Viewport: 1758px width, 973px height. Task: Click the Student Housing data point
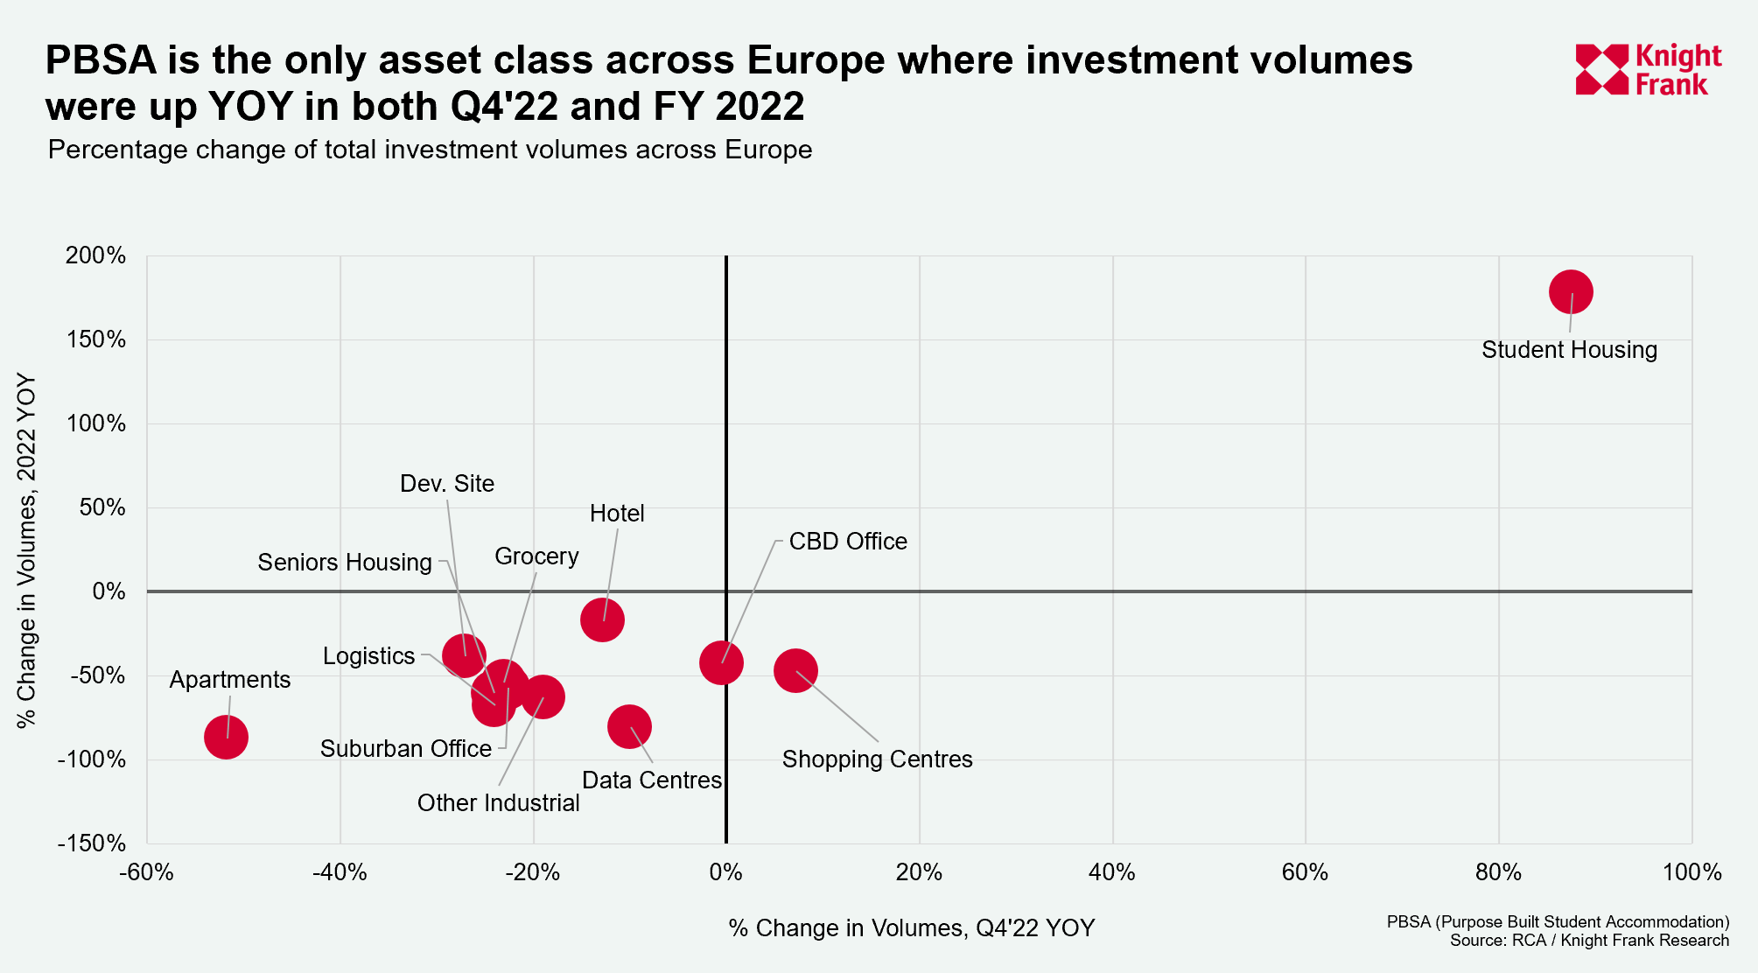pos(1570,292)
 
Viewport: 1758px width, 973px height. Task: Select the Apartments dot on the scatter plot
pos(226,738)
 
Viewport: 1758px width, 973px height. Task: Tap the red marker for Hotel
pos(602,620)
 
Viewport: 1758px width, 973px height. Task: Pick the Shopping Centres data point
pos(795,671)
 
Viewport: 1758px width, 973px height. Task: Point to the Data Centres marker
pos(629,726)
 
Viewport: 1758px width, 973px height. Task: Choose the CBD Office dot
pos(721,662)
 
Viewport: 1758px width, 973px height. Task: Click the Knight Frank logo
pos(1648,70)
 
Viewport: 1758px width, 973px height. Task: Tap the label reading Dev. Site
pos(447,484)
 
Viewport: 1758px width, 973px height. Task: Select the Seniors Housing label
pos(345,563)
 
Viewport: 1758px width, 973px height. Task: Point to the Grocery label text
pos(536,556)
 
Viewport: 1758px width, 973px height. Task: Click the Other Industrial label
pos(498,803)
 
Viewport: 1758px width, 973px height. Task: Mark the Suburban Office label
pos(406,749)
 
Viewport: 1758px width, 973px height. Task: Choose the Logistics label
pos(368,656)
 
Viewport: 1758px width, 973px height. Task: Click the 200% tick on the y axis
pos(96,255)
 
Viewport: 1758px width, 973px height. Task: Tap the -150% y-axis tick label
pos(92,843)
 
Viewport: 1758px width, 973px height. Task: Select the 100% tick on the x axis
pos(1691,872)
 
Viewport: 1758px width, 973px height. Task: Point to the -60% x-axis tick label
pos(146,872)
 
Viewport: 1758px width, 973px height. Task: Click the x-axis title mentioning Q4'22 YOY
pos(911,928)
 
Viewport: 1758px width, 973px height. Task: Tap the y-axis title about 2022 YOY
pos(27,551)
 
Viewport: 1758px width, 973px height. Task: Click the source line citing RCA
pos(1589,941)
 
